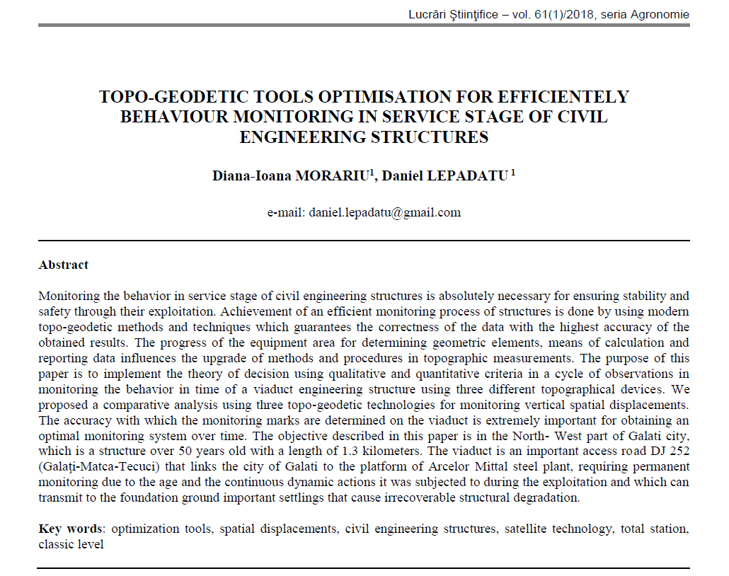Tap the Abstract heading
[x=64, y=265]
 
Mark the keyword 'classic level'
[x=71, y=544]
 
